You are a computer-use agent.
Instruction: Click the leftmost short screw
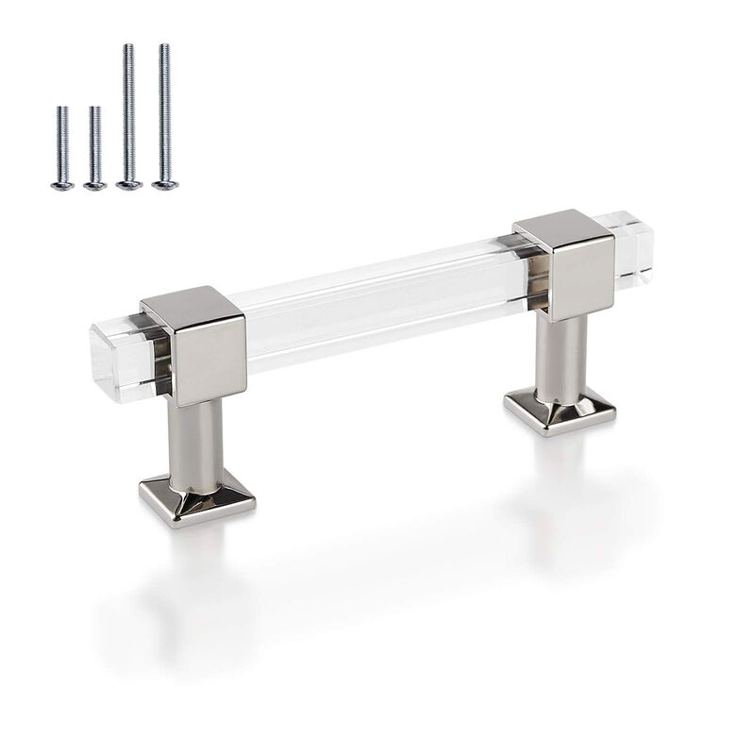point(62,146)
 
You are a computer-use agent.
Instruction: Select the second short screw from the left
point(94,146)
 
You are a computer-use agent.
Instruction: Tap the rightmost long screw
point(164,113)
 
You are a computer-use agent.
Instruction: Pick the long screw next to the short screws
point(128,113)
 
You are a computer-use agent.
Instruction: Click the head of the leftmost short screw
point(62,185)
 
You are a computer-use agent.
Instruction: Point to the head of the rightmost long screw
point(164,185)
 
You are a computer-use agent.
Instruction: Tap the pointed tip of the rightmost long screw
point(164,46)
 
